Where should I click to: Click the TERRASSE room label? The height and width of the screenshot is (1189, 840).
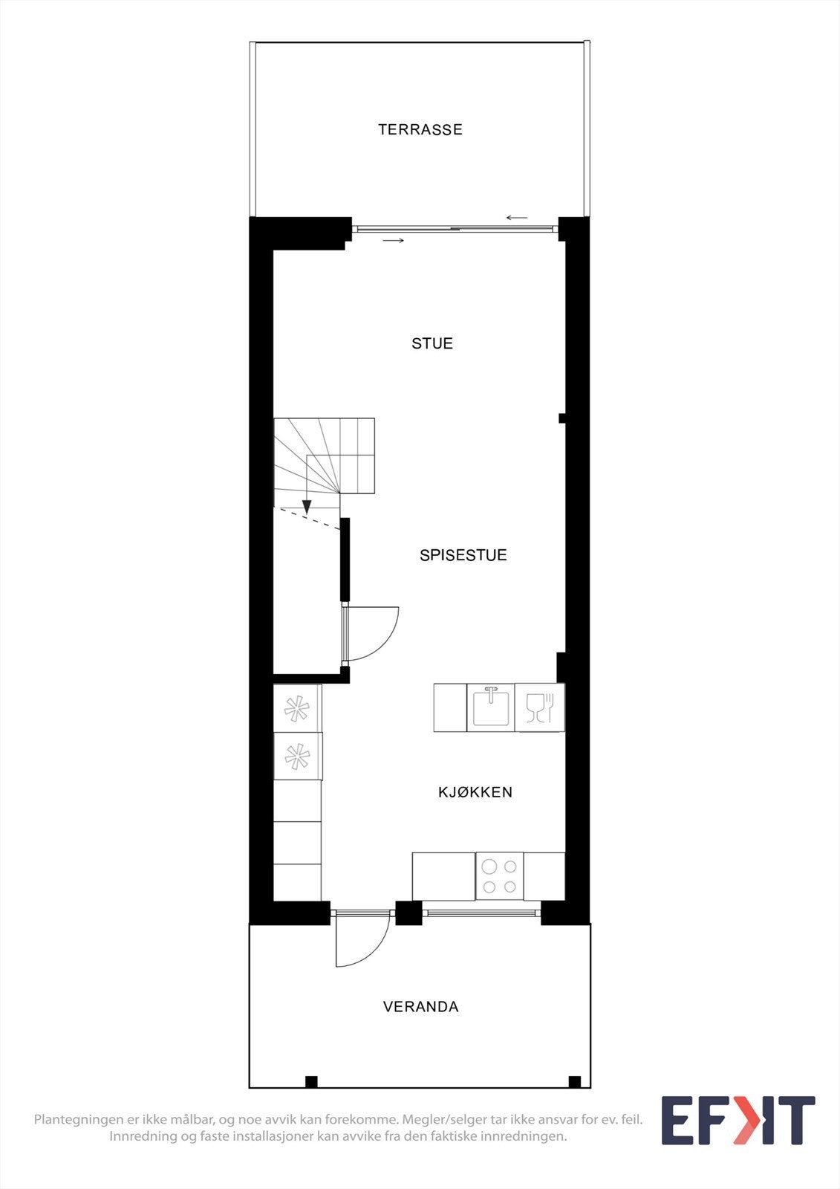[420, 129]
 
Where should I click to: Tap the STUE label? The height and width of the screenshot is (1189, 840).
[432, 343]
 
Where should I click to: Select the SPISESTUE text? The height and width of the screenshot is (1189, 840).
[463, 555]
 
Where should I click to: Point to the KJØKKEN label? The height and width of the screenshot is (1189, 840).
[475, 792]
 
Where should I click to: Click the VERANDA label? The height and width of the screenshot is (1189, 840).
[420, 1007]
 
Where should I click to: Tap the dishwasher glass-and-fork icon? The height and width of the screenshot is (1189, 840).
[540, 707]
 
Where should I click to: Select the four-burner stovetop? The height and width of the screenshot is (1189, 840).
[499, 876]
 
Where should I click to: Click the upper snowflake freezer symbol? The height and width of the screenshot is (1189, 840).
[297, 708]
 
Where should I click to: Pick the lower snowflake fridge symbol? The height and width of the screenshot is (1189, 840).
[297, 757]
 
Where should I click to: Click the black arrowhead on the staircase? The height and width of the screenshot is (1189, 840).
[307, 508]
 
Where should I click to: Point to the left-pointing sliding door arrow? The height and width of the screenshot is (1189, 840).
[516, 218]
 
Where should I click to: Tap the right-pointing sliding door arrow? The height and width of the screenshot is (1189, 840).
[394, 241]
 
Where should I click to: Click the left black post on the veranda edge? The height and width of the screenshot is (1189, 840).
[312, 1081]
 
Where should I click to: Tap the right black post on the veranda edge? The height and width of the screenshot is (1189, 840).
[574, 1081]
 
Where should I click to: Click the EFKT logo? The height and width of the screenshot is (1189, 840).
[738, 1121]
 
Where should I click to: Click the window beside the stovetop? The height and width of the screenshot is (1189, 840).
[481, 913]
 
